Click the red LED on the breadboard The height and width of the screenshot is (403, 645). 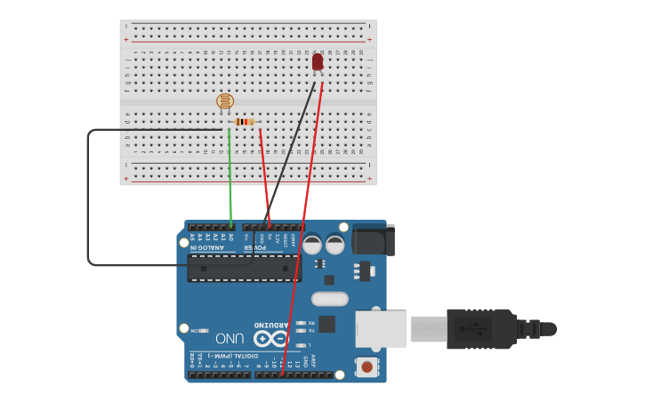coord(318,61)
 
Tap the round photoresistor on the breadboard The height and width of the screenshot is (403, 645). coord(225,102)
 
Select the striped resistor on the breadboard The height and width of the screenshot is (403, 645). coord(245,122)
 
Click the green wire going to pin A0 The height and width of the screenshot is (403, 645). coord(230,178)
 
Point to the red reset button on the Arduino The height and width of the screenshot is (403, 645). coord(366,366)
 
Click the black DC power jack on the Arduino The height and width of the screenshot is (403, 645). coord(373,239)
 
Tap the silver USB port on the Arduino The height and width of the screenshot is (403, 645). coord(381,328)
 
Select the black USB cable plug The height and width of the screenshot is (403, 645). coord(480,328)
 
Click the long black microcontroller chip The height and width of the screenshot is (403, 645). coord(244,268)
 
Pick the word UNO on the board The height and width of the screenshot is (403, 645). coord(230,338)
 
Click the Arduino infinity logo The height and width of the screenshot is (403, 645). coord(270,339)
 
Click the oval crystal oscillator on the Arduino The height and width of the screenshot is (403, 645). coord(329,300)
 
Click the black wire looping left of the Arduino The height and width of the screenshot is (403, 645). coord(88,196)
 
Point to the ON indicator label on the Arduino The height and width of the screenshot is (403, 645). coord(195,331)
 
